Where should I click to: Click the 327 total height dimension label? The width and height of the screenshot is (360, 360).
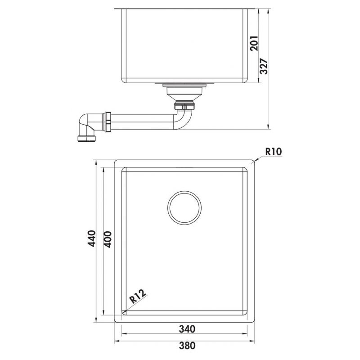tap(264, 67)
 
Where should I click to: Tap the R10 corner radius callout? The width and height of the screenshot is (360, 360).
tap(273, 152)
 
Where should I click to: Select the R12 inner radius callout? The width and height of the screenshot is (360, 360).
tap(136, 297)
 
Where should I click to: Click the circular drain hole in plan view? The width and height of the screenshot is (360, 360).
tap(185, 207)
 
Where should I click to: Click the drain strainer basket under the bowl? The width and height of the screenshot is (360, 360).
tap(185, 92)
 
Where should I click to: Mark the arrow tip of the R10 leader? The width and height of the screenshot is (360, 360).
tap(255, 161)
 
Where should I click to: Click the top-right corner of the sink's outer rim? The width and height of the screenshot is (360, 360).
tap(255, 160)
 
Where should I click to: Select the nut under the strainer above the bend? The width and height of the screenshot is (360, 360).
tap(185, 106)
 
